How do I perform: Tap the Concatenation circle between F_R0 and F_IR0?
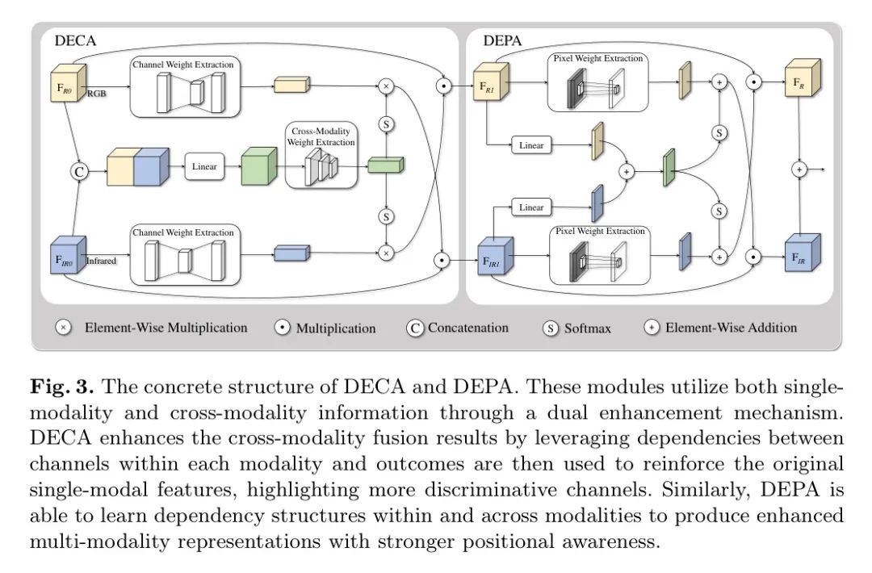click(79, 171)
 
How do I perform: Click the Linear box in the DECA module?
click(204, 167)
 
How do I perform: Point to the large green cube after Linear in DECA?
click(259, 167)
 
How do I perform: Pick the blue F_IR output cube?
click(802, 256)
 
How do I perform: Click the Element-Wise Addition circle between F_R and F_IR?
click(799, 169)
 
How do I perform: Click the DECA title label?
click(74, 40)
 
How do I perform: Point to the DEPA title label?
click(502, 40)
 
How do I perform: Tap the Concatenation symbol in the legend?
click(415, 328)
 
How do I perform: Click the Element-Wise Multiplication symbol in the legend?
click(63, 328)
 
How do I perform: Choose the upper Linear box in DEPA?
click(531, 145)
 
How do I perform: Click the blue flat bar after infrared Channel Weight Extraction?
click(291, 253)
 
